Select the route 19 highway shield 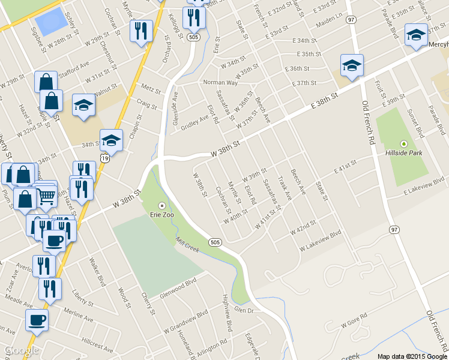[x=105, y=158]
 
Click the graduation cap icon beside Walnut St [x=83, y=105]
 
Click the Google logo [x=20, y=350]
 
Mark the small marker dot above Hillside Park [x=403, y=143]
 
